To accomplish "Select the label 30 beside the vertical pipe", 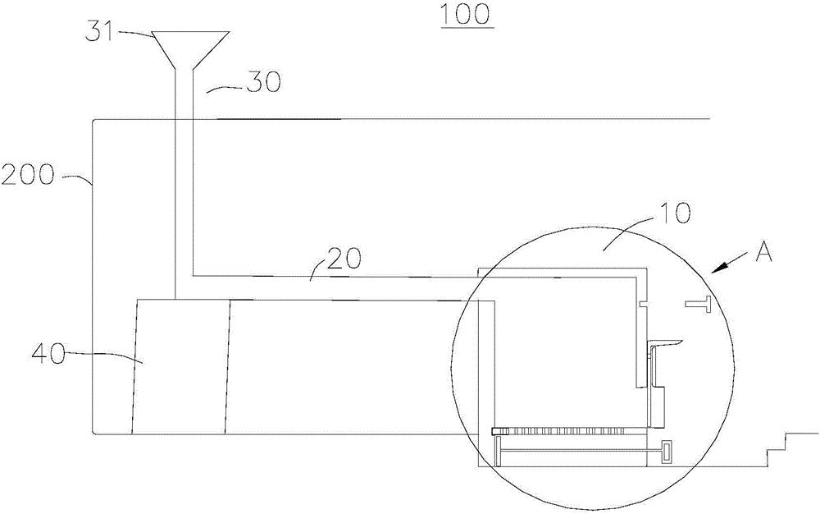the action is pos(263,83).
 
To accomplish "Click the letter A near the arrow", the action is pos(763,254).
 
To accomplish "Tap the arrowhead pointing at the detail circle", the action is pos(718,268).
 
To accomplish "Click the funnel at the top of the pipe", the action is pos(190,50).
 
